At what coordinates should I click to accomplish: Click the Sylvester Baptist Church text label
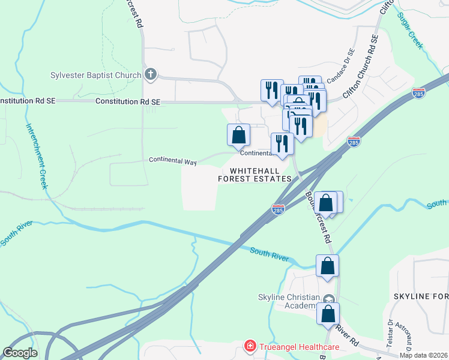pyautogui.click(x=96, y=76)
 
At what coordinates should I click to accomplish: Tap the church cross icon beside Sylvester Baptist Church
pyautogui.click(x=150, y=75)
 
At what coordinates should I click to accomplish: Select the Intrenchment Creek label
pyautogui.click(x=35, y=156)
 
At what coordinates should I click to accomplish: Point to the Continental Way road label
pyautogui.click(x=173, y=161)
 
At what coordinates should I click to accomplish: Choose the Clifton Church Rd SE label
pyautogui.click(x=360, y=67)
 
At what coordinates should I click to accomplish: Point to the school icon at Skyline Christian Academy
pyautogui.click(x=328, y=299)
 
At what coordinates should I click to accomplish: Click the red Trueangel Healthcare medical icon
pyautogui.click(x=249, y=346)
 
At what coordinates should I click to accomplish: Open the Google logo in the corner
pyautogui.click(x=20, y=353)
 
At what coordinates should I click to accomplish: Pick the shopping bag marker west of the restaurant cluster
pyautogui.click(x=238, y=134)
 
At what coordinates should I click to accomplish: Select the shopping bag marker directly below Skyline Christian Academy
pyautogui.click(x=328, y=314)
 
